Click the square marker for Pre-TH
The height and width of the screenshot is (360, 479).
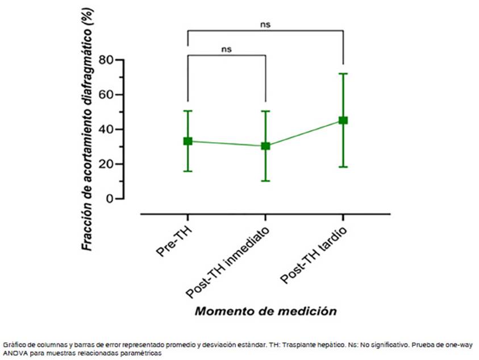(188, 141)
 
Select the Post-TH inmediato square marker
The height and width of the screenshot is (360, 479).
(265, 146)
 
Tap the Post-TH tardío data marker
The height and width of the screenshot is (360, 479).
(343, 120)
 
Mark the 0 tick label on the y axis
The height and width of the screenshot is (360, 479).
(110, 199)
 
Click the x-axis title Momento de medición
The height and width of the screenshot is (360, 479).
(265, 311)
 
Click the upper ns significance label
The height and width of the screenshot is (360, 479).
(265, 25)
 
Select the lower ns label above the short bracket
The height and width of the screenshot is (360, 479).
(227, 49)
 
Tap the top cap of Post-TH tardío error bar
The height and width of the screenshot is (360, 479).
(343, 74)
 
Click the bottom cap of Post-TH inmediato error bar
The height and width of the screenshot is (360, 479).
(265, 181)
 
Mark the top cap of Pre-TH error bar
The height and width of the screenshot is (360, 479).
(188, 111)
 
